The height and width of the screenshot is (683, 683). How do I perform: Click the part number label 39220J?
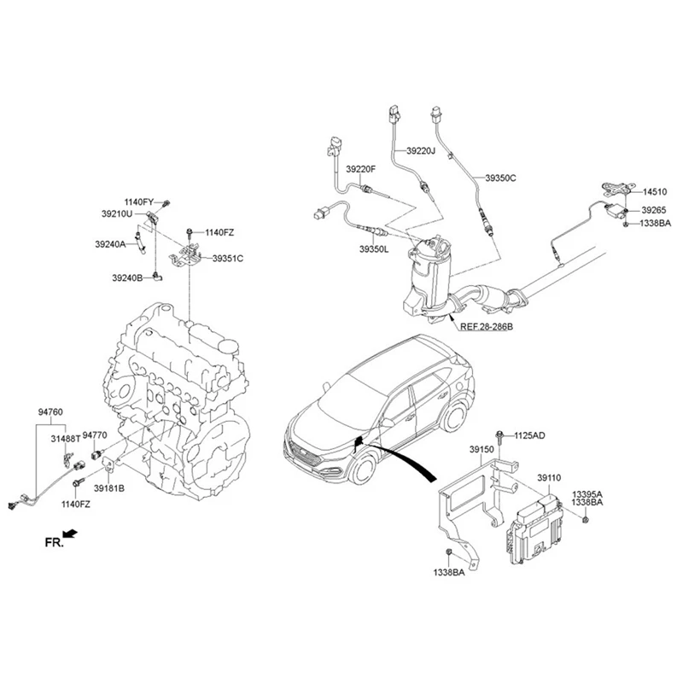(421, 151)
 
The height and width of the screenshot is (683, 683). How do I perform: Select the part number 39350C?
(501, 178)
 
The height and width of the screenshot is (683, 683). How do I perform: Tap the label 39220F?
(360, 169)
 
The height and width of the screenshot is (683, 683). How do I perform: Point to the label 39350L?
(374, 248)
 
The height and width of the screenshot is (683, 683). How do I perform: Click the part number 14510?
(653, 192)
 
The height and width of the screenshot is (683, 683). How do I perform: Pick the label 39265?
(653, 209)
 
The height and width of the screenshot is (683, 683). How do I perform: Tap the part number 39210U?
(117, 213)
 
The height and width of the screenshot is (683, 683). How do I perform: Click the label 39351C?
(228, 258)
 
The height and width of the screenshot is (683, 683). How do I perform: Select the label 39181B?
(109, 488)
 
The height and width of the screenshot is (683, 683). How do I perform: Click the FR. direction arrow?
(71, 533)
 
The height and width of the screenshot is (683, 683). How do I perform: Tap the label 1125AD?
(528, 436)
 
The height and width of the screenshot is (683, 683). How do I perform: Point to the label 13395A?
(587, 494)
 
